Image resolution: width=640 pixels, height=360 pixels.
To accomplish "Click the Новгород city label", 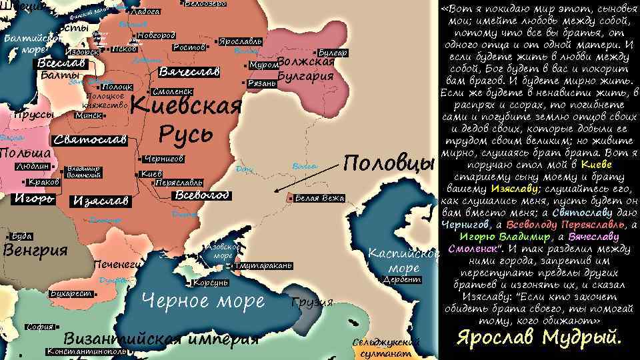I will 157,35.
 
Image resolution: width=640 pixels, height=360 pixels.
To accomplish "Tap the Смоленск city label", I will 173,91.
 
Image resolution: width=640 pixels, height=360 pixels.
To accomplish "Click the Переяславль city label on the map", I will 179,182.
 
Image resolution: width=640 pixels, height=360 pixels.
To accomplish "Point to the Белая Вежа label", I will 319,198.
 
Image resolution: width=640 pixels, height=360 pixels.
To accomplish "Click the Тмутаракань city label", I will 263,266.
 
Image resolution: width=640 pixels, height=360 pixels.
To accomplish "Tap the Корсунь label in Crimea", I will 212,283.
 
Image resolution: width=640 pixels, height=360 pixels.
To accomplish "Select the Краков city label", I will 45,182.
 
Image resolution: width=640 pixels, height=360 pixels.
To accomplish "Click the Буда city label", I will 22,236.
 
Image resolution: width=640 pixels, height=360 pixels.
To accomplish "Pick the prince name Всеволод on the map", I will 201,195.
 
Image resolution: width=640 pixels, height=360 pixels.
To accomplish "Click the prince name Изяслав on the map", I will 103,200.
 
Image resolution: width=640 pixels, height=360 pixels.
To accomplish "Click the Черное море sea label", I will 204,301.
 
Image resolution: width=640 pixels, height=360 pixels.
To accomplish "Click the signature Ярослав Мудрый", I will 539,337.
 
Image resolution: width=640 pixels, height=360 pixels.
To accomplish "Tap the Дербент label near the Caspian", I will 403,280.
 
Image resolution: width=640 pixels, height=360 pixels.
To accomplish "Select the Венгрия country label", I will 36,251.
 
